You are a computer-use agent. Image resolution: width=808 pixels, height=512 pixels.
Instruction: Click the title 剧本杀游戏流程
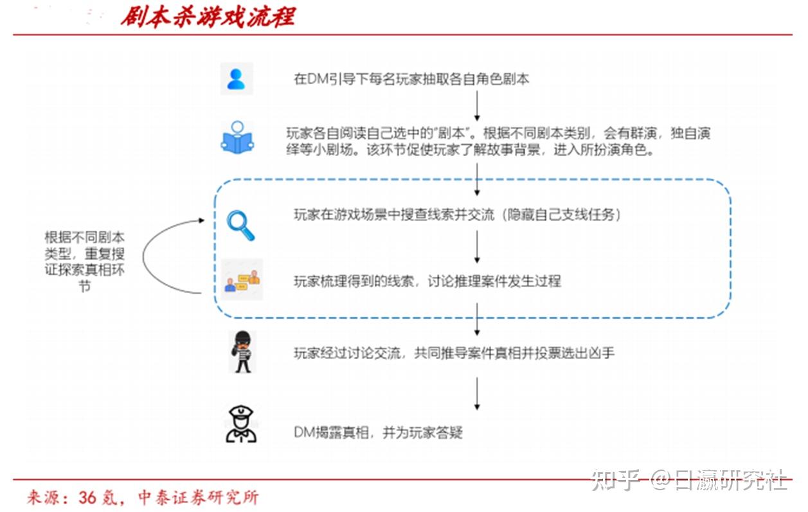click(208, 17)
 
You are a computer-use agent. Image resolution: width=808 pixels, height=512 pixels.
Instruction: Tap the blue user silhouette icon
click(237, 79)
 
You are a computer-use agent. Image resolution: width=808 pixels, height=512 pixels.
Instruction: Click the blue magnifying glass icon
click(240, 225)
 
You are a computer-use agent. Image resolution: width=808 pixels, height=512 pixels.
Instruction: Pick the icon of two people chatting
click(242, 280)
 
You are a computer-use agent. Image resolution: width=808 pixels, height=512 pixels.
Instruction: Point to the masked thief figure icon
click(242, 351)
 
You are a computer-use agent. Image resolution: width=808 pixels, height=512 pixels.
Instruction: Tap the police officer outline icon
click(241, 424)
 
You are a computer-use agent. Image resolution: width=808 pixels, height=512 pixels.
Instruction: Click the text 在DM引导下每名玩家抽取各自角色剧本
click(411, 79)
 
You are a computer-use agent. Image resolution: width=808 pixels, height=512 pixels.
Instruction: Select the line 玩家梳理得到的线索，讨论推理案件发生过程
click(427, 281)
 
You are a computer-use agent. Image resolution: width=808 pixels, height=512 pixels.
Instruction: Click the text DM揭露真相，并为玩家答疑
click(378, 432)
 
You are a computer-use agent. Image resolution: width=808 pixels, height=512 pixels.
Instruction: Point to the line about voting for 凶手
click(454, 353)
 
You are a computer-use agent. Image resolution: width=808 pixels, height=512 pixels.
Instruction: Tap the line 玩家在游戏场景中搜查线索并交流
click(458, 215)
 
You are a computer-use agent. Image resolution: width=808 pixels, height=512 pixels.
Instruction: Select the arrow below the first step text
click(477, 105)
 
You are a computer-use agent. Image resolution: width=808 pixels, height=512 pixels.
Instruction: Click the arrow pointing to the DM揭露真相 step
click(477, 394)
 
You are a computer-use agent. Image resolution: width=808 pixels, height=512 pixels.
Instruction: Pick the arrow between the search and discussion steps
click(477, 247)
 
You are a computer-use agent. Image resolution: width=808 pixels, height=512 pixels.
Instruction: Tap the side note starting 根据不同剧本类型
click(84, 261)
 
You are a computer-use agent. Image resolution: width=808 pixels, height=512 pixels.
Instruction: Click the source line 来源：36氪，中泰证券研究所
click(143, 498)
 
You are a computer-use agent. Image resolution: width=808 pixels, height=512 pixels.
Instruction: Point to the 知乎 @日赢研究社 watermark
click(689, 479)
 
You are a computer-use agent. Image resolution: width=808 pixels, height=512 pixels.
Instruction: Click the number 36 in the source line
click(87, 498)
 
